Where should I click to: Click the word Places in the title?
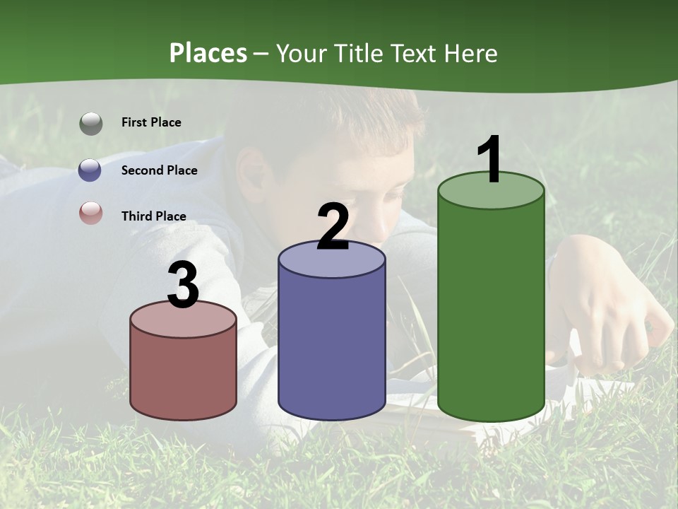(208, 53)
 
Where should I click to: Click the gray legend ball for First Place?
(90, 123)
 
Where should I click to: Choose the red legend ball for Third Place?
(90, 213)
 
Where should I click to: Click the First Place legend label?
(151, 122)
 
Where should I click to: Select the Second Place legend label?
(159, 170)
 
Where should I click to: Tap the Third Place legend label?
(153, 216)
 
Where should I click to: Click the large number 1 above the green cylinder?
(489, 160)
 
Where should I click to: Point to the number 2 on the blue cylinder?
(333, 227)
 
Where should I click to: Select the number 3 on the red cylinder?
(183, 285)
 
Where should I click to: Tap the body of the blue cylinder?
(331, 346)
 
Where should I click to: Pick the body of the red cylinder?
(183, 375)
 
